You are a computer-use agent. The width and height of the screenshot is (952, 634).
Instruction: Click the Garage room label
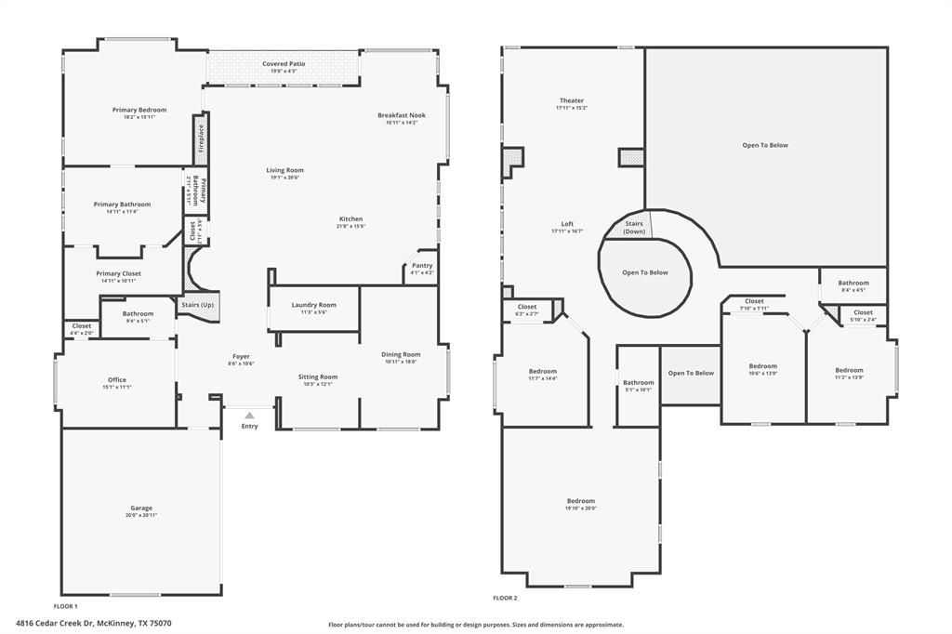141,508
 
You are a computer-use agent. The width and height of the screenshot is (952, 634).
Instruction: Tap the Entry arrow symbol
249,416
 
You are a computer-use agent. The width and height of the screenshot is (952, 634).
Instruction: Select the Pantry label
422,266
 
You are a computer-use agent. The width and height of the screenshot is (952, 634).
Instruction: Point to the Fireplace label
200,139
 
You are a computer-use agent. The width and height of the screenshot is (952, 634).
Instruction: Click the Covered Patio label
283,64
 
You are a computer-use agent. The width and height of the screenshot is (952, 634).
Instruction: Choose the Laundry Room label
313,305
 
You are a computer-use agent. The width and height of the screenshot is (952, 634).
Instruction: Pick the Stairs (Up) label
197,305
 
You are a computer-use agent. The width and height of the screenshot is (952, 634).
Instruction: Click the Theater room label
572,100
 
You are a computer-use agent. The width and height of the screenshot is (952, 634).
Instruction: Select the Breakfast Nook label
401,115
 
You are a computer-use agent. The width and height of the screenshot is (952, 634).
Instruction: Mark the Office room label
117,379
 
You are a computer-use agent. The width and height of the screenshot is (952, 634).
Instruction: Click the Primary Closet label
118,273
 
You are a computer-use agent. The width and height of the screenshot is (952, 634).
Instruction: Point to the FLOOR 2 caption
505,598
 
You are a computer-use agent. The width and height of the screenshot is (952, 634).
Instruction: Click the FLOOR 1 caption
66,605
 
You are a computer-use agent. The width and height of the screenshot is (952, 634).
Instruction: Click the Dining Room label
401,354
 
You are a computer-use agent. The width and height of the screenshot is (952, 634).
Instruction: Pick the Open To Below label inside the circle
645,272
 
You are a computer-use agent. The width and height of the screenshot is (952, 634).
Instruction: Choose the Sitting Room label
318,376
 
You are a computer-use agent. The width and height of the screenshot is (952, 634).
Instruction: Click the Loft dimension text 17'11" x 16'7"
567,231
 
